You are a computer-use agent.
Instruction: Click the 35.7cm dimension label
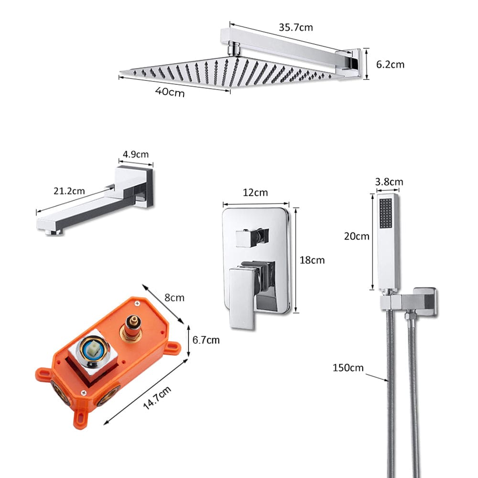coord(296,27)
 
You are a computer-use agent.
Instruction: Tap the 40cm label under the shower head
coord(170,92)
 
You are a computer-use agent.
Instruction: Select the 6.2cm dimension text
coord(390,64)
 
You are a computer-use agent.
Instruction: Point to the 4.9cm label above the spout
coord(136,154)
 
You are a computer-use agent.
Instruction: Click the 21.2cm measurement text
coord(69,191)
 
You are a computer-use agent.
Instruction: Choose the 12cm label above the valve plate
coord(256,193)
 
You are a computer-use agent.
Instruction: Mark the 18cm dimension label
coord(312,260)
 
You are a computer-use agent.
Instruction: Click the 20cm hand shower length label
coord(357,236)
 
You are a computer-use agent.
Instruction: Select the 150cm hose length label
coord(348,368)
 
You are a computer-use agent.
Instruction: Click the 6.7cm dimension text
coord(206,340)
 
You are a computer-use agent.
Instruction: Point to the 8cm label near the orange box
coord(174,297)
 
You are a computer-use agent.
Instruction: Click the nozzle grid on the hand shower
coord(386,212)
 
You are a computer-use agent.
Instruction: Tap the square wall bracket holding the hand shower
coord(424,301)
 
